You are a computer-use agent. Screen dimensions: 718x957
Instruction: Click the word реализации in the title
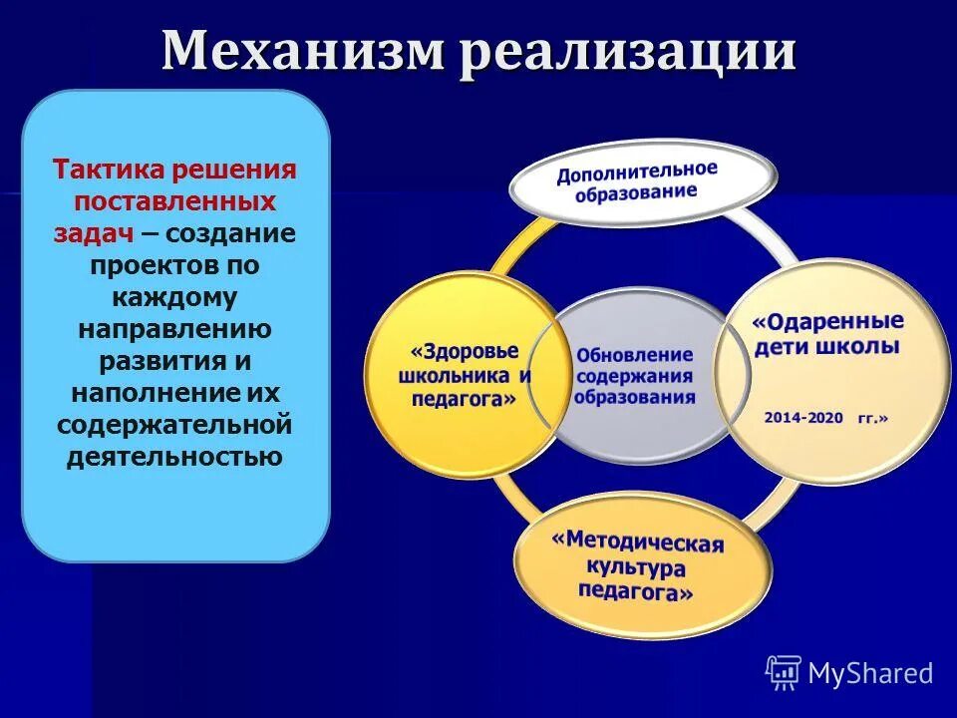point(628,52)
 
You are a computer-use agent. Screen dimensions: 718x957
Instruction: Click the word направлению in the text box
point(175,329)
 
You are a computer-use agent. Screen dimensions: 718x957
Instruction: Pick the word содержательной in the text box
point(174,425)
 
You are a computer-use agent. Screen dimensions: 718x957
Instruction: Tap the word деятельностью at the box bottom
point(174,457)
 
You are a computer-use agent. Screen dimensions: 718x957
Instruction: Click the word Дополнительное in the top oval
point(637,172)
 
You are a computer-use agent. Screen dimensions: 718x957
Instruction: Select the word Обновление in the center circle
point(634,355)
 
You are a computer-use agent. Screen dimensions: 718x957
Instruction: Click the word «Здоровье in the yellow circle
point(465,352)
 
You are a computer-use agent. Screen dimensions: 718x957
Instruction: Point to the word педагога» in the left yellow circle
point(464,398)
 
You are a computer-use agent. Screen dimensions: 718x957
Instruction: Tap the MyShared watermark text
point(870,674)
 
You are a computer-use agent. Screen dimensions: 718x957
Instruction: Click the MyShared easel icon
point(784,673)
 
